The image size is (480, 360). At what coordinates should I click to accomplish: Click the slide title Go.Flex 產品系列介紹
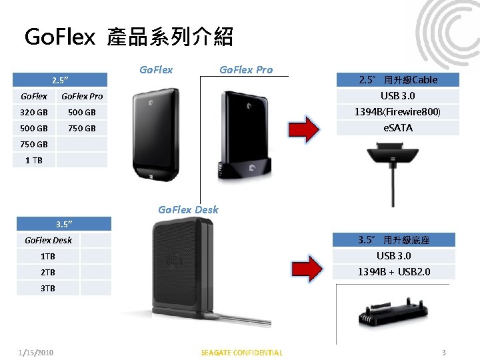(x=128, y=37)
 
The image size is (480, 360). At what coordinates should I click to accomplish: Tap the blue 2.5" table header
(x=61, y=80)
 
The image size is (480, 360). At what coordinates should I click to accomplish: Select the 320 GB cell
(x=34, y=112)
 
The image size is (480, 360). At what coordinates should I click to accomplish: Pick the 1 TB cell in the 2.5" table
(x=34, y=160)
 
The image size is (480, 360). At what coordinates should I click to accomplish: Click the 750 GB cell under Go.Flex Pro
(x=83, y=128)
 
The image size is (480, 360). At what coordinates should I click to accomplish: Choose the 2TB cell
(x=48, y=272)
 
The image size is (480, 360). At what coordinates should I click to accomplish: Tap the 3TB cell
(x=48, y=288)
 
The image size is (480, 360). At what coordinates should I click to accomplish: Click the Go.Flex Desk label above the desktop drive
(x=188, y=209)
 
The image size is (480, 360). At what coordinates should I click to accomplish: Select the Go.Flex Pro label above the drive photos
(x=246, y=69)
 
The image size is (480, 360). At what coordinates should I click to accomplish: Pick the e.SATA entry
(x=398, y=127)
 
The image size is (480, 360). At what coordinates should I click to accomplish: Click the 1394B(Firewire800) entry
(x=398, y=111)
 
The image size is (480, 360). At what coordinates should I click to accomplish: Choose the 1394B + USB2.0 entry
(x=393, y=271)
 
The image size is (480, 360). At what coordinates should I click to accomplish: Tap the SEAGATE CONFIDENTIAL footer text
(x=241, y=353)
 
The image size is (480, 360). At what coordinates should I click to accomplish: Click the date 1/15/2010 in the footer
(x=36, y=353)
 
